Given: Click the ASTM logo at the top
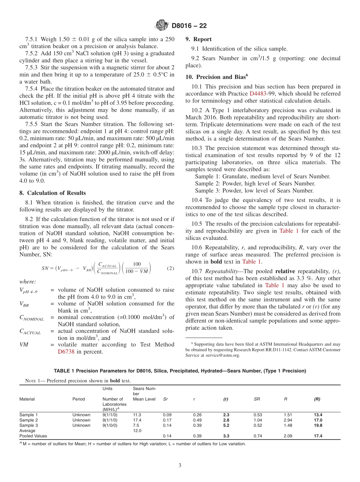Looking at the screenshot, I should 162,26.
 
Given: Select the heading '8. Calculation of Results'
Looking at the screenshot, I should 53,193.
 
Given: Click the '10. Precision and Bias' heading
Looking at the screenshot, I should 216,77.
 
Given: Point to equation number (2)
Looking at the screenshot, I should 170,268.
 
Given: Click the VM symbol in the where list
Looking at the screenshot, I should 23,345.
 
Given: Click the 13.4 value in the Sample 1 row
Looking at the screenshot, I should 318,415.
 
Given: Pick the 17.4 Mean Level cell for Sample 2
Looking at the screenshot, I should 137,420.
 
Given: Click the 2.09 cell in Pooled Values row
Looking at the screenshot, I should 288,436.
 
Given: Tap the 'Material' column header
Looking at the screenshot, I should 27,399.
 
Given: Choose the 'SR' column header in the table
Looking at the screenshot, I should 257,399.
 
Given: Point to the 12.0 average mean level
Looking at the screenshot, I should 137,431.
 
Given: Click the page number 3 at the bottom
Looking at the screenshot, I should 180,465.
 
